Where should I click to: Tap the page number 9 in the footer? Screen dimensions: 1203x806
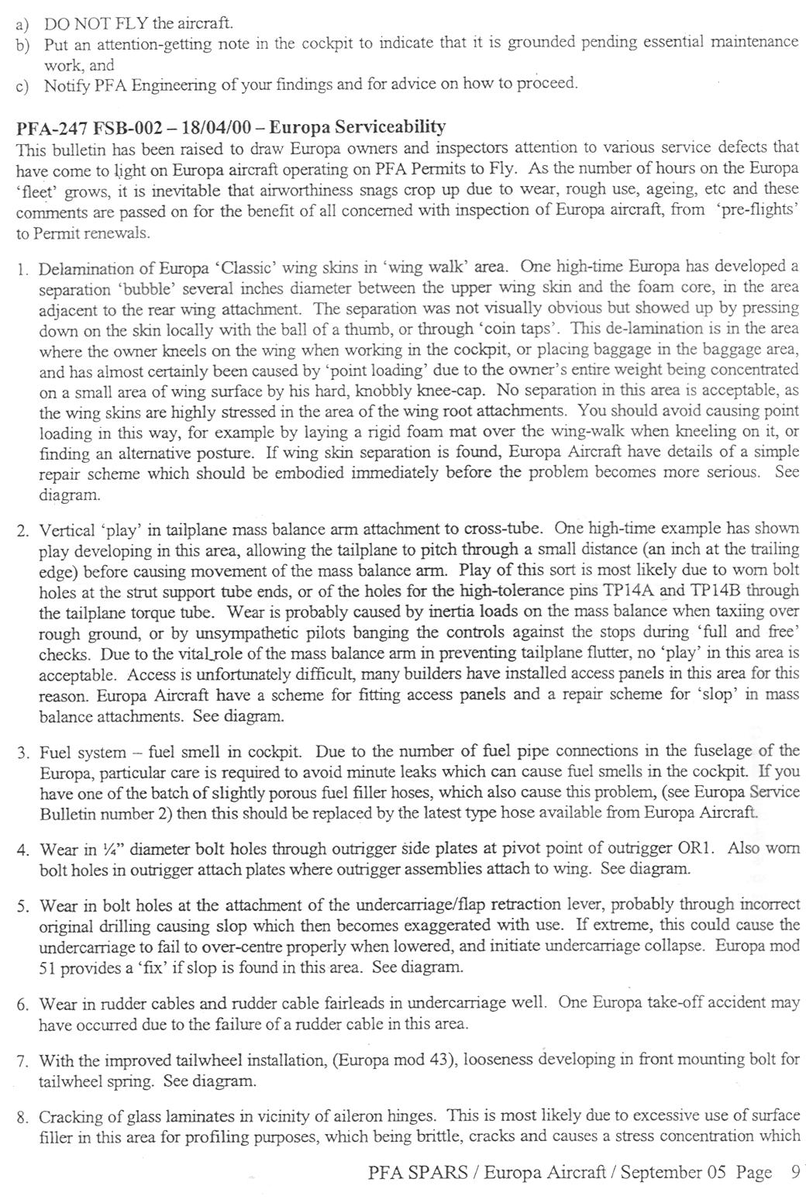click(x=794, y=1171)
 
